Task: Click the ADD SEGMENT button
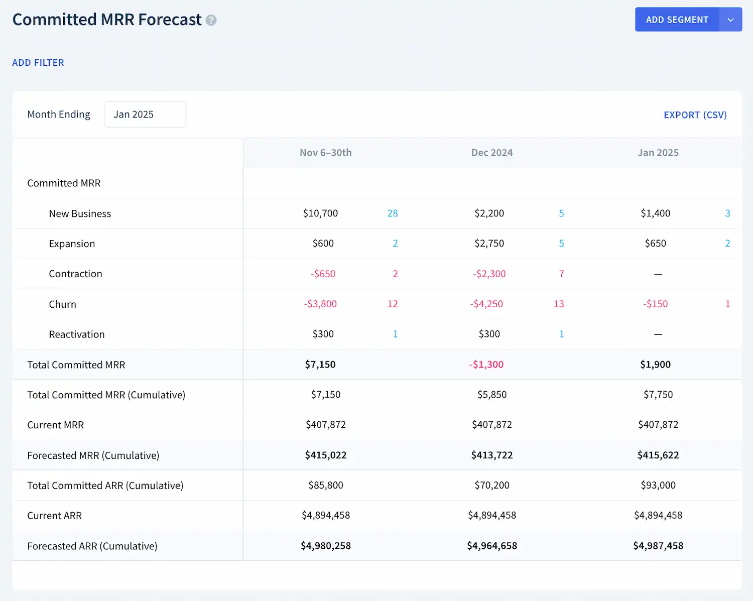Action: (x=677, y=20)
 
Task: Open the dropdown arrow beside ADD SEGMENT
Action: (x=730, y=20)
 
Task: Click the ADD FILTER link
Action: (x=38, y=63)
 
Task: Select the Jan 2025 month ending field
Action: (x=145, y=114)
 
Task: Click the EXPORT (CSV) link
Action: (x=695, y=115)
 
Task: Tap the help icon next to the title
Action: (x=211, y=21)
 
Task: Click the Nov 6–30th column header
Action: (x=325, y=153)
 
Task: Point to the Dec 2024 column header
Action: (x=491, y=153)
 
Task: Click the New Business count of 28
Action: (x=393, y=213)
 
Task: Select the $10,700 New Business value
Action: (x=320, y=213)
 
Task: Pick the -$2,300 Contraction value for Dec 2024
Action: (x=489, y=274)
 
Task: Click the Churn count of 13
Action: (x=559, y=304)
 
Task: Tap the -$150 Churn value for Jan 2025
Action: (x=655, y=304)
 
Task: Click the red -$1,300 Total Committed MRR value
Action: (x=486, y=365)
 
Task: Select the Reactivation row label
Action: (x=77, y=334)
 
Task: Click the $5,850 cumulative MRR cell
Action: (x=491, y=395)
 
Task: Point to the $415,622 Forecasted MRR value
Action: (x=658, y=455)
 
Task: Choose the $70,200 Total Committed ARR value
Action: (x=491, y=486)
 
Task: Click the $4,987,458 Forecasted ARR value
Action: (x=658, y=546)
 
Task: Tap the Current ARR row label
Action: (x=54, y=516)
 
